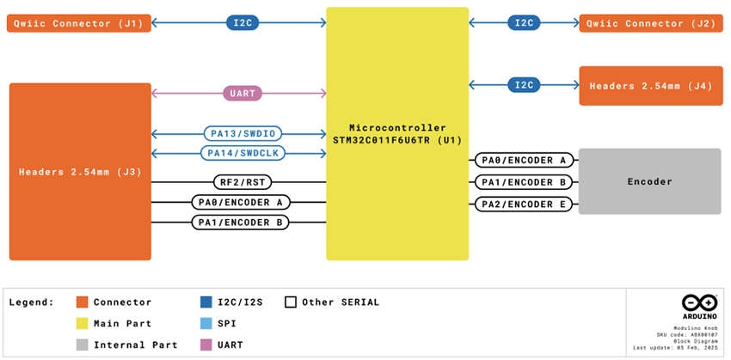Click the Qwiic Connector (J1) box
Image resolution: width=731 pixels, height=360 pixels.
coord(79,23)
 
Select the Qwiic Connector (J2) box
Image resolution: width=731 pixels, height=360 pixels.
coord(650,23)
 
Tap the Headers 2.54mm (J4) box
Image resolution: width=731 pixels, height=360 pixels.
coord(650,86)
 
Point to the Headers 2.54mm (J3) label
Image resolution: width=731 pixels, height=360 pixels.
coord(80,172)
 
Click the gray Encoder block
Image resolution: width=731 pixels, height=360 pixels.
coord(649,181)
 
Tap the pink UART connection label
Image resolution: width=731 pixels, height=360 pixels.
coord(242,94)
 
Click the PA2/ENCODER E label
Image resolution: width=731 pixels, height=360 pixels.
coord(523,204)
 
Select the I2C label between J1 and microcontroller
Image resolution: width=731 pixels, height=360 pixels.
coord(242,23)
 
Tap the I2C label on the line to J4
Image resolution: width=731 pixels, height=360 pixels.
coord(523,85)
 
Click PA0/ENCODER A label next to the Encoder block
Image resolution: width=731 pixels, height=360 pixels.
coord(523,160)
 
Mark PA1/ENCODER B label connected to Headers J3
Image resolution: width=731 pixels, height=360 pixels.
coord(241,223)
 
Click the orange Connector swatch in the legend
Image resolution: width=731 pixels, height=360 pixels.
coord(83,302)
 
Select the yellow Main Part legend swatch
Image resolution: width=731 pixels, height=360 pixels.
coord(83,324)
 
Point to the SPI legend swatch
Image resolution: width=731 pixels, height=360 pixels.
coord(206,324)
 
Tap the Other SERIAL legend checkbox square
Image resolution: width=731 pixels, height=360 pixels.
coord(291,302)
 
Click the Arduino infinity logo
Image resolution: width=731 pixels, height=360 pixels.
coord(698,303)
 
